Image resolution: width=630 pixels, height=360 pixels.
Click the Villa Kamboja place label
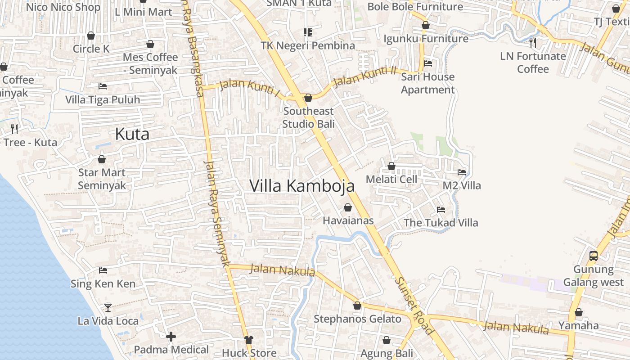[x=302, y=186]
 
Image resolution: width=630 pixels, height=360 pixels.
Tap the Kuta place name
[x=132, y=134]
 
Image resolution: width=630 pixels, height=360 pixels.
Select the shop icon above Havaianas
[x=347, y=207]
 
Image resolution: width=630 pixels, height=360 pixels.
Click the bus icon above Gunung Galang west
[x=593, y=256]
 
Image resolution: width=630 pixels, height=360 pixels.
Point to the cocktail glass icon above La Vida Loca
[x=108, y=307]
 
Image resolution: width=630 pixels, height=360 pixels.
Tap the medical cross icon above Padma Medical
[x=171, y=336]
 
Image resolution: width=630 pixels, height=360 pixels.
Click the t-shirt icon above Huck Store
[x=248, y=339]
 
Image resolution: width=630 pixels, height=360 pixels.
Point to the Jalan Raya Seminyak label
[x=217, y=213]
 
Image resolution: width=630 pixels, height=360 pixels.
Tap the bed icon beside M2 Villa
[x=462, y=172]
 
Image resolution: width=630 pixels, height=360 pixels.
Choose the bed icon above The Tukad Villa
[x=441, y=209]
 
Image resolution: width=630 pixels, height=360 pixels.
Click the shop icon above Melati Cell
[x=391, y=166]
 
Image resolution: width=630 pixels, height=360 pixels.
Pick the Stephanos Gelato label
[x=357, y=319]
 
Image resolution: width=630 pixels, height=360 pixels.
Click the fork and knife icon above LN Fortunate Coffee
[x=533, y=43]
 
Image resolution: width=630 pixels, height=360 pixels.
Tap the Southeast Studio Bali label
[x=309, y=117]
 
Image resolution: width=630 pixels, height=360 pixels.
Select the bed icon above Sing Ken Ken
[x=103, y=270]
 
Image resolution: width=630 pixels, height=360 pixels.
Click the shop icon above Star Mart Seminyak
[x=102, y=159]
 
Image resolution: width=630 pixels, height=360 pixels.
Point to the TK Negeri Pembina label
[x=308, y=45]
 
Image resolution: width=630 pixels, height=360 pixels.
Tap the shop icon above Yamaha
[x=579, y=312]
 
